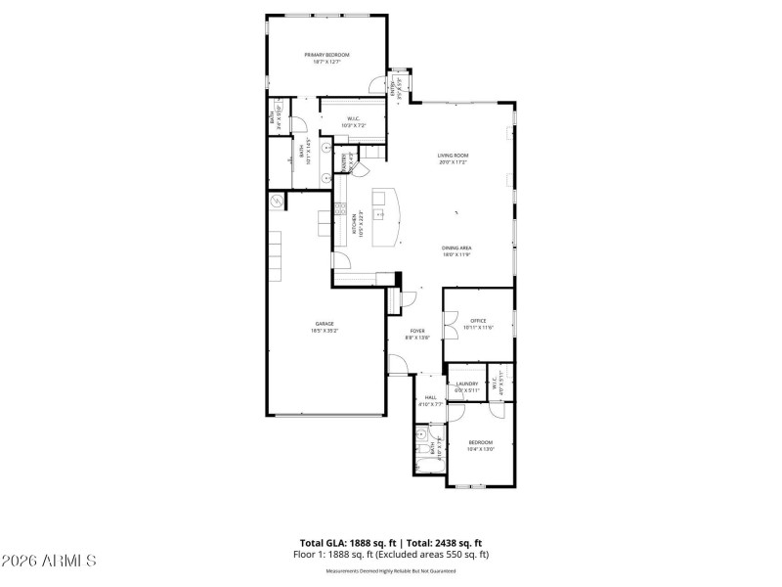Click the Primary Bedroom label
pyautogui.click(x=326, y=55)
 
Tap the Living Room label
pyautogui.click(x=453, y=156)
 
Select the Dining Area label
pyautogui.click(x=456, y=248)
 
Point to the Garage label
pyautogui.click(x=325, y=324)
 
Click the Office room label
pyautogui.click(x=478, y=320)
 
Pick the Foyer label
pyautogui.click(x=417, y=331)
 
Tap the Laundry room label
pyautogui.click(x=466, y=384)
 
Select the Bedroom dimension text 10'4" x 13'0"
pyautogui.click(x=481, y=449)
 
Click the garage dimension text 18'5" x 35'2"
pyautogui.click(x=325, y=332)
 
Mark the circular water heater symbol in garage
pyautogui.click(x=277, y=202)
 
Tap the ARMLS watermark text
pyautogui.click(x=49, y=561)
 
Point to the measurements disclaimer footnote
pyautogui.click(x=391, y=570)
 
